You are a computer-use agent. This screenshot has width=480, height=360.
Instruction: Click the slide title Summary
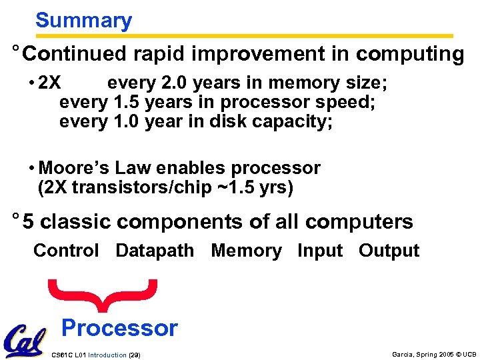[x=83, y=21]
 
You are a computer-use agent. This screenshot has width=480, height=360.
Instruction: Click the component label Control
[x=66, y=251]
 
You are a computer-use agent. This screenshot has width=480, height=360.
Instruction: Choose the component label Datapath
[x=155, y=251]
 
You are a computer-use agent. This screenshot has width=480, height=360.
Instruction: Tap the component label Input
[x=320, y=251]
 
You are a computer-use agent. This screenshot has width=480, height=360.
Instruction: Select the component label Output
[x=389, y=251]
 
